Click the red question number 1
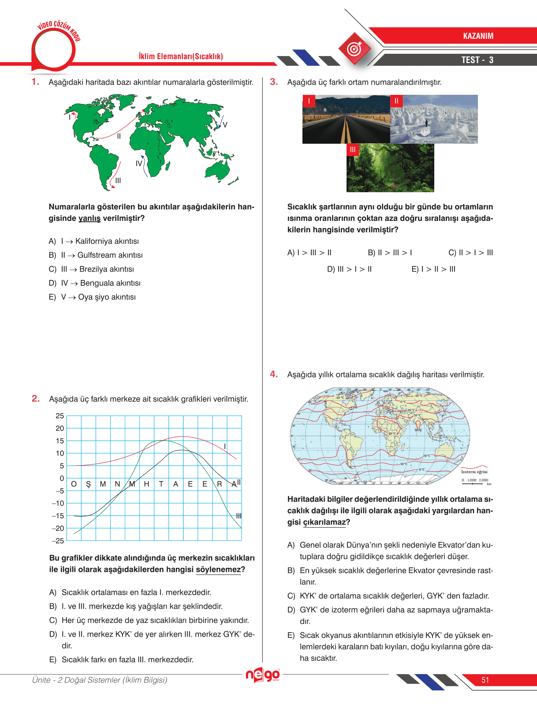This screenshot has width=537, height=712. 35,82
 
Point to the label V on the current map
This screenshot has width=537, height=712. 225,125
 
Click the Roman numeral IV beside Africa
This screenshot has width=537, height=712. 139,164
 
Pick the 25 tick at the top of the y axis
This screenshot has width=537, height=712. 60,416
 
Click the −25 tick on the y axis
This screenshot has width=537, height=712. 58,541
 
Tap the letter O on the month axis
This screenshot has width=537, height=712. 74,484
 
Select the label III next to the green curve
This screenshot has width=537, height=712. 239,516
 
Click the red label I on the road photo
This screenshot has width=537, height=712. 309,101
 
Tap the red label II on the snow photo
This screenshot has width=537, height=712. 396,101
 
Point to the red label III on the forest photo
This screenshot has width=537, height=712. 353,150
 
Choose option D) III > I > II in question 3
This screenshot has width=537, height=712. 349,269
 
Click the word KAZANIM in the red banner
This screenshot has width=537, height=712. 478,36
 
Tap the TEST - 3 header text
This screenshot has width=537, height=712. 477,60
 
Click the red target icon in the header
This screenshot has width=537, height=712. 354,49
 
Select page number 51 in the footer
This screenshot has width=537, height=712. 485,680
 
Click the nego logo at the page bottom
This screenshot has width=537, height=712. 263,675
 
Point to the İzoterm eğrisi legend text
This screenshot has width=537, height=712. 474,472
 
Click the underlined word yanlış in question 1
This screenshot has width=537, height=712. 89,218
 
